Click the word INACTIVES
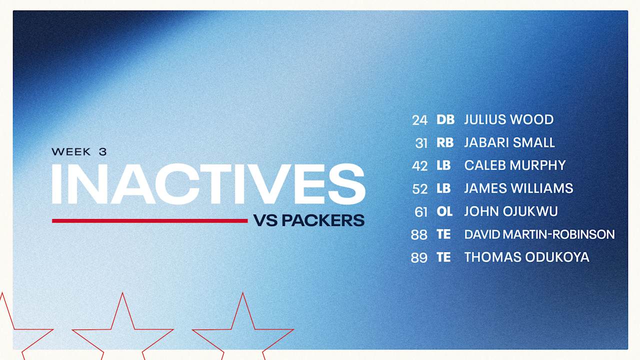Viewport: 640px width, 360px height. pos(208,184)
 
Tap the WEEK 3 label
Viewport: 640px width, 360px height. pos(79,151)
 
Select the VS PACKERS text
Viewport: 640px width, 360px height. pos(309,220)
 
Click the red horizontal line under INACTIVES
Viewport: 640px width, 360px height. pos(149,220)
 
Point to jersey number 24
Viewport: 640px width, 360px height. pos(419,120)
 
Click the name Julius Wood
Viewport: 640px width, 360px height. pos(509,119)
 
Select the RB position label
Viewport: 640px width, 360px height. pos(445,142)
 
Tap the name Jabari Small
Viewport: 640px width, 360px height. pos(509,142)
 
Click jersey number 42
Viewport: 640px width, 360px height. pos(419,166)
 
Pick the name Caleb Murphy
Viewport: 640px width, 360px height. pos(515,165)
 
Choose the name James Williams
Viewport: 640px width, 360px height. pos(518,188)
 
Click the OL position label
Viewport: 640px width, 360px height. pos(444,211)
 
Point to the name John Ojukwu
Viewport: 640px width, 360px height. pos(511,211)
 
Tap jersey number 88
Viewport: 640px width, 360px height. pos(419,235)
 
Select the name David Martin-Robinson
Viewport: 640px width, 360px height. pos(539,234)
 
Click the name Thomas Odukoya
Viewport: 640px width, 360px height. pos(526,257)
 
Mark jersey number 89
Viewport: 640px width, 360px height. pos(419,257)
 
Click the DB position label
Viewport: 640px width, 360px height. pos(445,119)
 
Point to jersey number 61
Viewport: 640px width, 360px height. pos(421,212)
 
